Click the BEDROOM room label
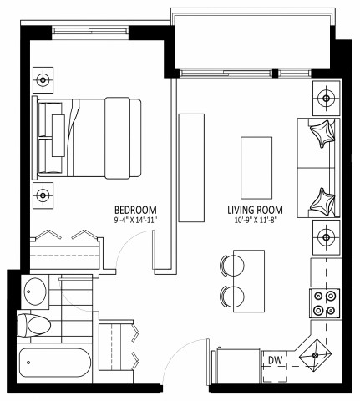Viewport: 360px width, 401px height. pyautogui.click(x=135, y=209)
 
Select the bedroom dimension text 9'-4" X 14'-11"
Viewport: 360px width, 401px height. pyautogui.click(x=135, y=219)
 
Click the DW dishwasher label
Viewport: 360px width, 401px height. pyautogui.click(x=274, y=360)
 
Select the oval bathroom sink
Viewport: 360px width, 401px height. pyautogui.click(x=35, y=292)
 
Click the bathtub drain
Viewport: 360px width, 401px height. pyautogui.click(x=28, y=363)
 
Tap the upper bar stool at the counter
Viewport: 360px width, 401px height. pyautogui.click(x=231, y=266)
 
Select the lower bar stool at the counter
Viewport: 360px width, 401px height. pyautogui.click(x=231, y=295)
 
